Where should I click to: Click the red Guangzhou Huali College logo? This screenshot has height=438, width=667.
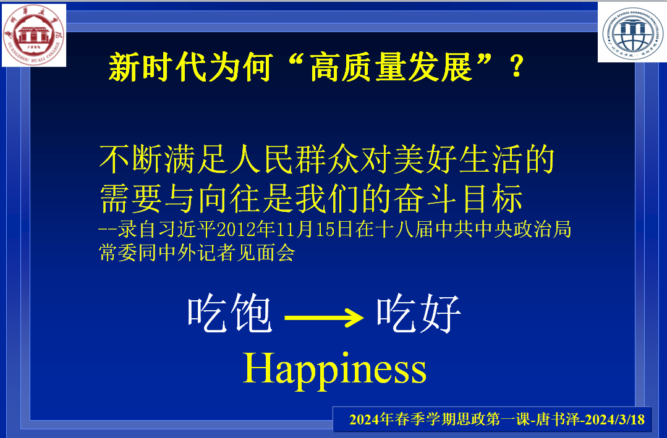click(34, 35)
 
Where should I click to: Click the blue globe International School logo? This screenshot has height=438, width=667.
click(632, 32)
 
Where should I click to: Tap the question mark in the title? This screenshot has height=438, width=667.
click(517, 67)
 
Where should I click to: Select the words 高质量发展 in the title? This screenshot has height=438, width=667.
click(391, 67)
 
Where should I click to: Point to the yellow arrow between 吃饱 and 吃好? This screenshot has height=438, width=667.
click(324, 318)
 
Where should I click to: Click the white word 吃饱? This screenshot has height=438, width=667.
click(230, 314)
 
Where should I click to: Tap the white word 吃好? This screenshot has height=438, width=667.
click(419, 314)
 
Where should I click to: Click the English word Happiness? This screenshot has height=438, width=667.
click(334, 369)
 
